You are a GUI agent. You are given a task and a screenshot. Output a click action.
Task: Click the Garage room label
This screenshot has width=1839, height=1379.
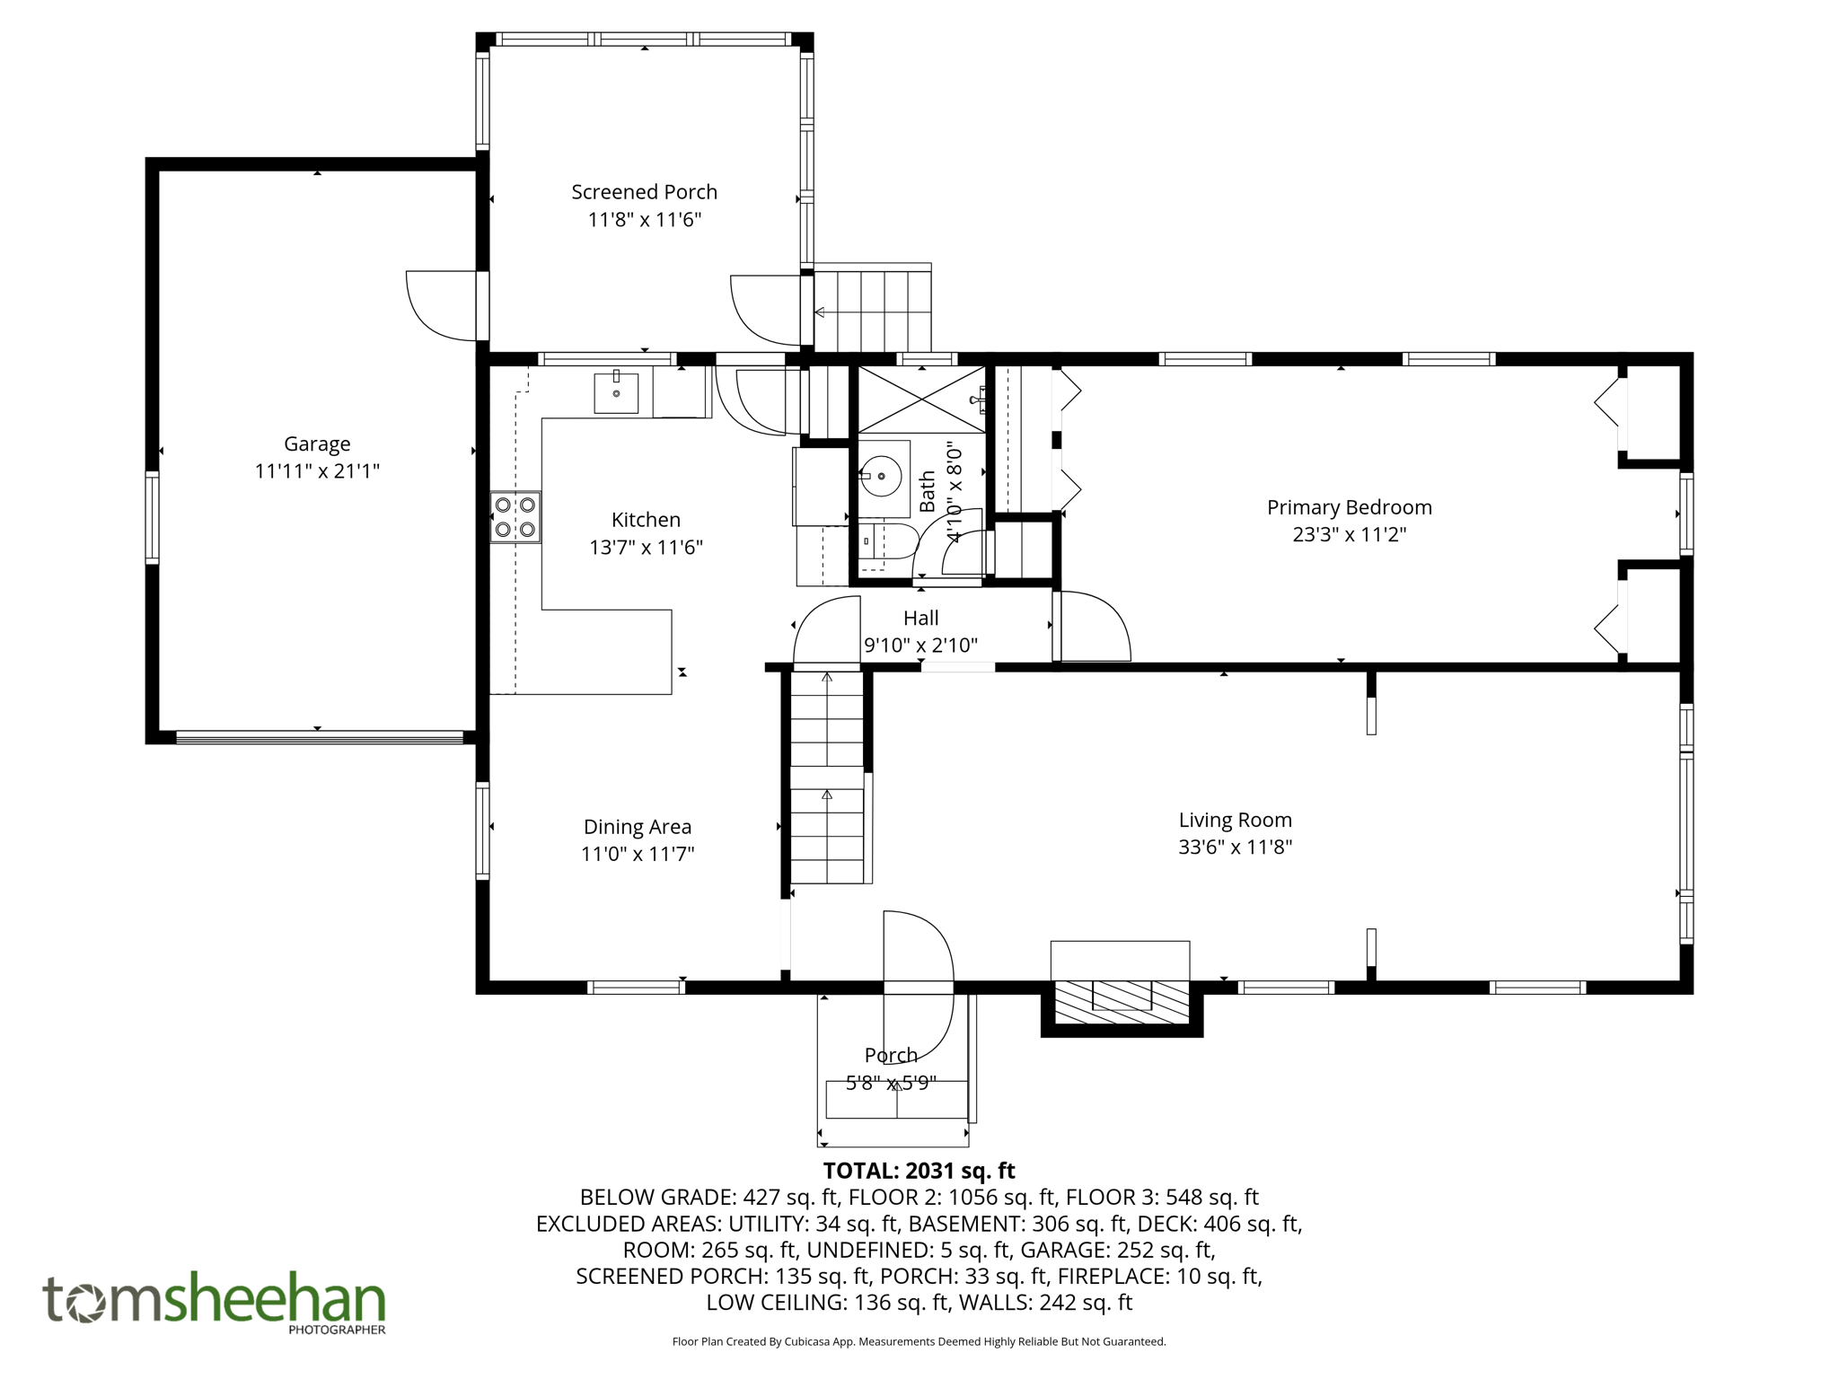pos(317,444)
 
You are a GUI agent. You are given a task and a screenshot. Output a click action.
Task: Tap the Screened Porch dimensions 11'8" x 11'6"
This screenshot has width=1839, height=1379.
pos(644,220)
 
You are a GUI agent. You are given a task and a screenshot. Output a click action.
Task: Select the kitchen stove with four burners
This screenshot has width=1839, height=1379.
pos(515,517)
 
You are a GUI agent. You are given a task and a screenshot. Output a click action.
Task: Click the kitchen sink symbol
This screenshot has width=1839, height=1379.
pos(616,393)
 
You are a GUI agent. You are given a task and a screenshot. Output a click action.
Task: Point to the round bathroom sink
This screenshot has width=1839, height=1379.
pos(881,476)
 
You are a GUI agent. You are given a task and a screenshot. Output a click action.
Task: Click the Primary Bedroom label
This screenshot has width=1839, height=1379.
pos(1349,507)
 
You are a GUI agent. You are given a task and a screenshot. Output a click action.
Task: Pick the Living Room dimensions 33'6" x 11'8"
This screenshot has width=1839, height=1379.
pos(1235,847)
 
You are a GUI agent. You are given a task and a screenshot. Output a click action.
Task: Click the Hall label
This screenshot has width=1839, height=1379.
pos(920,618)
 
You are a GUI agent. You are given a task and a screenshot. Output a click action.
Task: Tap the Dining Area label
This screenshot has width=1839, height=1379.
pos(638,827)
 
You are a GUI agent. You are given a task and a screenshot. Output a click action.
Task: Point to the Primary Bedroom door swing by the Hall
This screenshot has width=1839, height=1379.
pos(1093,627)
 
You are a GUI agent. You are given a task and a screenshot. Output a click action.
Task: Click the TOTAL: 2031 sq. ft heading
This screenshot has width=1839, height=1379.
pos(919,1171)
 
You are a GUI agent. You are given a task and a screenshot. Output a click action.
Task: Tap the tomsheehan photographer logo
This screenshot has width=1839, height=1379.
pos(215,1303)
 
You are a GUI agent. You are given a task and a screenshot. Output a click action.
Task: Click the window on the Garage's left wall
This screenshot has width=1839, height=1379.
pos(153,517)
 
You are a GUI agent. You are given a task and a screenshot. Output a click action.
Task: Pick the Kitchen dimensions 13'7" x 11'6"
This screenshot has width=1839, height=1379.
pos(646,548)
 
